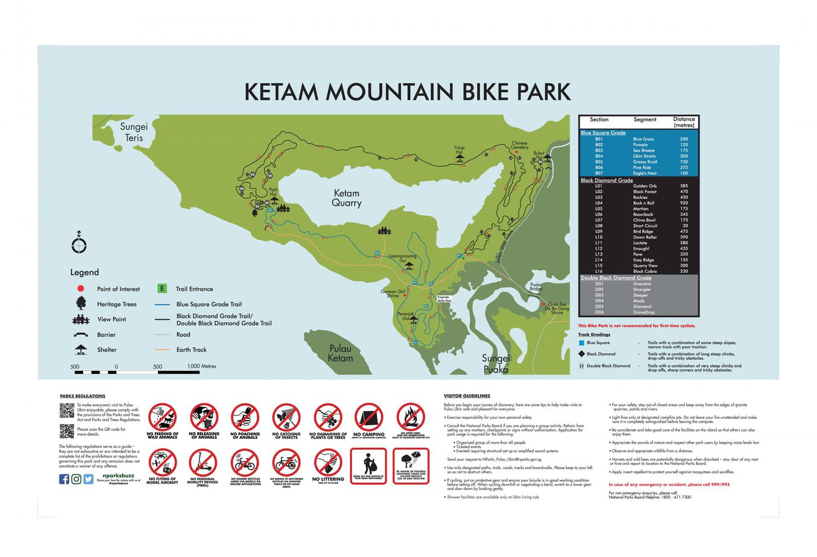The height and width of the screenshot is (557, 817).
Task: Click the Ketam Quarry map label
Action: pos(346,198)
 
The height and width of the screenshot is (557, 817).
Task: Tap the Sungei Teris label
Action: pos(134,132)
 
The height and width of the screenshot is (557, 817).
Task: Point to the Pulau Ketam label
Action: pos(340,353)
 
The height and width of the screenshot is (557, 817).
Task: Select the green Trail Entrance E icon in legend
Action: pos(162,289)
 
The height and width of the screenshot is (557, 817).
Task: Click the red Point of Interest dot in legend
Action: pos(81,289)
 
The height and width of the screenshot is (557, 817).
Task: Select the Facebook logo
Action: pos(64,479)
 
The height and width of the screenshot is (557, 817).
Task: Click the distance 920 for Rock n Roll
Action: pos(684,203)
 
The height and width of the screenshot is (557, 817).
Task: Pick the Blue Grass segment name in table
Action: pos(643,139)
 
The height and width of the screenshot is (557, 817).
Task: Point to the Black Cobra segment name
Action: pos(645,271)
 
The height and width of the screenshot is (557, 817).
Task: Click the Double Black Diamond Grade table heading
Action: pos(616,278)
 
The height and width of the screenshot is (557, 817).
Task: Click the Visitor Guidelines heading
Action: pos(466,396)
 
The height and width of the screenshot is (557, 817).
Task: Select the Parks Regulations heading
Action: pos(83,396)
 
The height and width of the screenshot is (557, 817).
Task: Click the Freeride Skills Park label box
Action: pos(444,299)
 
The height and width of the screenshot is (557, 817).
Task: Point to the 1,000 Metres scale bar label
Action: pos(201,367)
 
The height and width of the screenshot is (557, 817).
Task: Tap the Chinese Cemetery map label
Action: pos(519,145)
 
